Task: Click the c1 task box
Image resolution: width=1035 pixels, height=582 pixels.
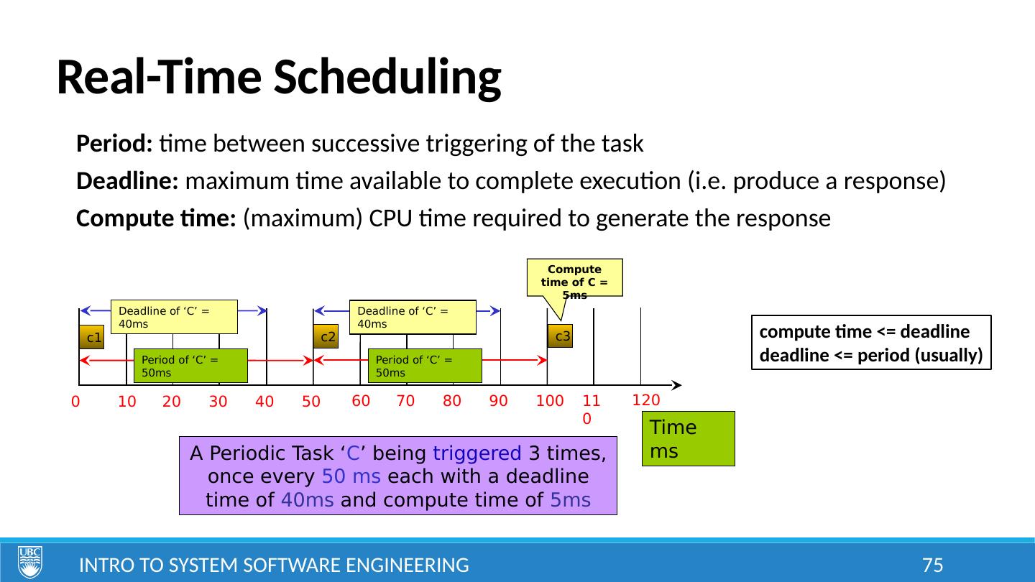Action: [x=91, y=337]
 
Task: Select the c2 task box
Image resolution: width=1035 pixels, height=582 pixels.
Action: [x=326, y=336]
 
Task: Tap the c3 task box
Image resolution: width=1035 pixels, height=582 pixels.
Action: [x=560, y=336]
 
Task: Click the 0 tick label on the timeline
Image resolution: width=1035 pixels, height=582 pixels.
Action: [x=75, y=403]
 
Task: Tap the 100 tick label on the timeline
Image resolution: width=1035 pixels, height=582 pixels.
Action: [x=549, y=402]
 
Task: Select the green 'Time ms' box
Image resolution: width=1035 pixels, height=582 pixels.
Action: [x=688, y=438]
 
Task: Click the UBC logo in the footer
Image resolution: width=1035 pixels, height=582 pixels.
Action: [x=30, y=562]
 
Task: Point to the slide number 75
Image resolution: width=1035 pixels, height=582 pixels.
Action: [x=932, y=565]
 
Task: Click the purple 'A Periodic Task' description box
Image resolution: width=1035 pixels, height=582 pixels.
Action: [x=397, y=476]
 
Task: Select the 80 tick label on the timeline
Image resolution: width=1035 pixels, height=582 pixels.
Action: [x=451, y=402]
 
